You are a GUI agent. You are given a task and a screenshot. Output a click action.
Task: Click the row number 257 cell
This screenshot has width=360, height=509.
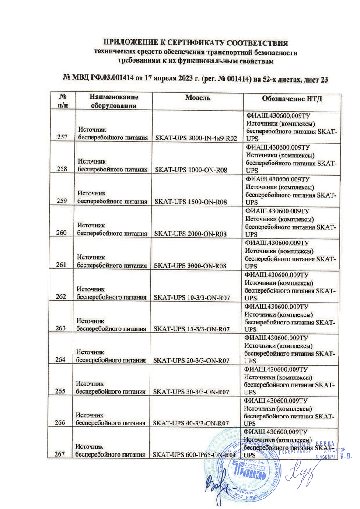[61, 138]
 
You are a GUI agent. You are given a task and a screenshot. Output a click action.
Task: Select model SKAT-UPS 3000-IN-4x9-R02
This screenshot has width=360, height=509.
[196, 138]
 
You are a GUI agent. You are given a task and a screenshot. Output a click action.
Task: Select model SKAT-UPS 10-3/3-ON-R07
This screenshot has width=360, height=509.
[192, 297]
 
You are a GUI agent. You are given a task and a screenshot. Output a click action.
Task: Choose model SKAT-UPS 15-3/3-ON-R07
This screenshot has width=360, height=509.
[192, 329]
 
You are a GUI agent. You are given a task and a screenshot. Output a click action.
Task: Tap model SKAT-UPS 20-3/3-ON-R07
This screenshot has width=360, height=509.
[192, 360]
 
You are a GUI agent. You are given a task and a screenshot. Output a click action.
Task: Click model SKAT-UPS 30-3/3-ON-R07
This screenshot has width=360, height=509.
[192, 392]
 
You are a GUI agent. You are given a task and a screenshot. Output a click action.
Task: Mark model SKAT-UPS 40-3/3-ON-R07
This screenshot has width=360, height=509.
[192, 423]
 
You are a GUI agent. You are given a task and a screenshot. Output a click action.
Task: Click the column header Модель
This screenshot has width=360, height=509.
[198, 98]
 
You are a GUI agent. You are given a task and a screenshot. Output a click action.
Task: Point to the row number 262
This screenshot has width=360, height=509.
[61, 296]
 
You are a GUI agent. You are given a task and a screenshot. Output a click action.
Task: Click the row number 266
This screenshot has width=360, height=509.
[61, 423]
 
